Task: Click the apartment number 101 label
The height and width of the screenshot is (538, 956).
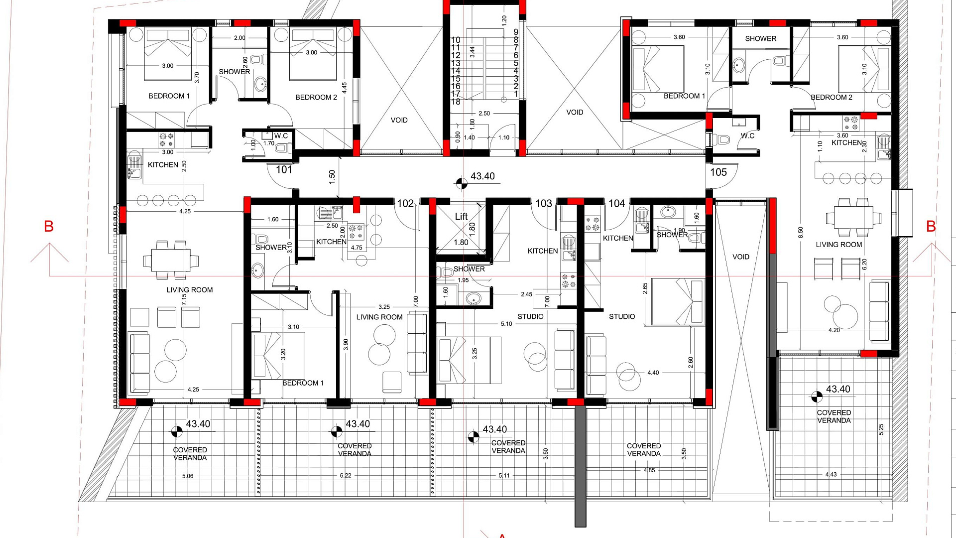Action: [284, 169]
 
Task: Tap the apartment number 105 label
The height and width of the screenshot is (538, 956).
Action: [718, 172]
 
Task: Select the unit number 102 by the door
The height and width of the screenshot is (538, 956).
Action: [405, 203]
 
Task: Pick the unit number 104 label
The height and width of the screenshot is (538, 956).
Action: [616, 203]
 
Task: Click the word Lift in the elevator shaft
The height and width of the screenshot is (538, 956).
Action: [461, 216]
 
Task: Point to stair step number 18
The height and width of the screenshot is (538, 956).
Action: [456, 102]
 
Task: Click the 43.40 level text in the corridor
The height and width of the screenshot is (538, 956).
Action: [482, 176]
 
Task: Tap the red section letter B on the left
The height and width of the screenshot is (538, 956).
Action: [49, 226]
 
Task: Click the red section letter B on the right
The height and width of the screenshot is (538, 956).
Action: [931, 226]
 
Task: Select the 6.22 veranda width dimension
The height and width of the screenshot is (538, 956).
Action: [346, 476]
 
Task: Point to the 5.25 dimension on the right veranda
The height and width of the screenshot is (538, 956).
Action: [881, 429]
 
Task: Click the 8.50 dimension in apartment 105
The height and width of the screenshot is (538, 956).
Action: [801, 233]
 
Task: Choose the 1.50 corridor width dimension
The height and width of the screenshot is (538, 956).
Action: [332, 177]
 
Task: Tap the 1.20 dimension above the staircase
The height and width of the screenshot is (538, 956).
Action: [504, 21]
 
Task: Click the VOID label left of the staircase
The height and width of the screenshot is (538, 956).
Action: [399, 120]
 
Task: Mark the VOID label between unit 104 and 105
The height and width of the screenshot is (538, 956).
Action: [740, 257]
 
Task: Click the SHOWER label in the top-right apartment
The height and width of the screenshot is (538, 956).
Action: [760, 38]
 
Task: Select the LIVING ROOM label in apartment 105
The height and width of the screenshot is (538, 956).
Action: [838, 245]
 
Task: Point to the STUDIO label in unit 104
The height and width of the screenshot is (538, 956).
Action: [622, 316]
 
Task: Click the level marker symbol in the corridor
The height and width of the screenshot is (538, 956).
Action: [462, 183]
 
